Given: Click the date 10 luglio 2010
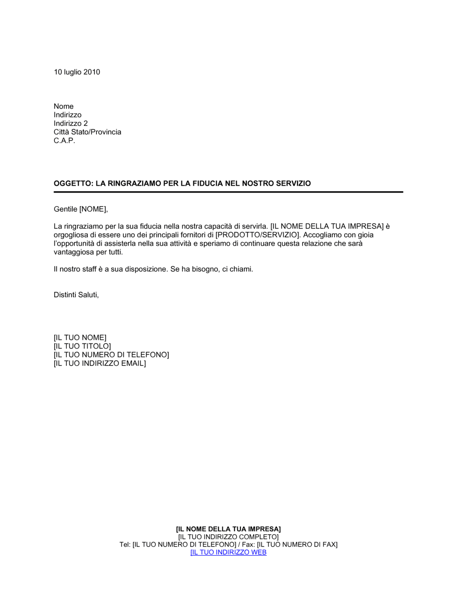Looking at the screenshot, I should click(77, 72).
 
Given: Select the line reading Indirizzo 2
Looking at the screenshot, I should click(70, 123).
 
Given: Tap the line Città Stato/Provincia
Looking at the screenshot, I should click(87, 132).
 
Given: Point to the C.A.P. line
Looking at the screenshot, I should click(64, 140).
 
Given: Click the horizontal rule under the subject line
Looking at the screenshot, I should click(228, 192).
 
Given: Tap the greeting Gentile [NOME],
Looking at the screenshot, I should click(81, 209).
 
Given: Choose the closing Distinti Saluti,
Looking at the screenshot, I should click(76, 295).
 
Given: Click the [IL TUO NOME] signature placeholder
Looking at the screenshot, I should click(80, 338).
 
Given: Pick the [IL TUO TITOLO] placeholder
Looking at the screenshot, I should click(82, 346).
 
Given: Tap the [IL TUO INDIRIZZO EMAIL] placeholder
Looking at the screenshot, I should click(100, 364).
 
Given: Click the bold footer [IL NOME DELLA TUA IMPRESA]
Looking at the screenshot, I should click(228, 529).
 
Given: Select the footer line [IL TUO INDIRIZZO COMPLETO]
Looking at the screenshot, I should click(228, 537).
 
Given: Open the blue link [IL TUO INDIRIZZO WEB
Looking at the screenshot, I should click(228, 552).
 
